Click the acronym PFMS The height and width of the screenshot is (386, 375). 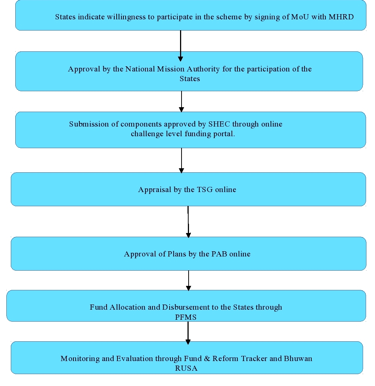[186, 317]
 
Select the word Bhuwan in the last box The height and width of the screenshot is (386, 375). [298, 358]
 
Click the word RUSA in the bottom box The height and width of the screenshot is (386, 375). [186, 368]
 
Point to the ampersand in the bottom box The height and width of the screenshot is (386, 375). [207, 358]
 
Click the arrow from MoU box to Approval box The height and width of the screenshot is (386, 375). [180, 46]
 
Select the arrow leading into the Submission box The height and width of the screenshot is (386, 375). [182, 102]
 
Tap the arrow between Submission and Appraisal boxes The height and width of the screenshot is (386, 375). [182, 161]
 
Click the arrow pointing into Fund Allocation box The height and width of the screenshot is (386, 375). [189, 281]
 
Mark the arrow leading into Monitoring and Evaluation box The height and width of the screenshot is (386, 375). [188, 333]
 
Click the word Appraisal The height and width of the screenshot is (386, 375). [155, 189]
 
